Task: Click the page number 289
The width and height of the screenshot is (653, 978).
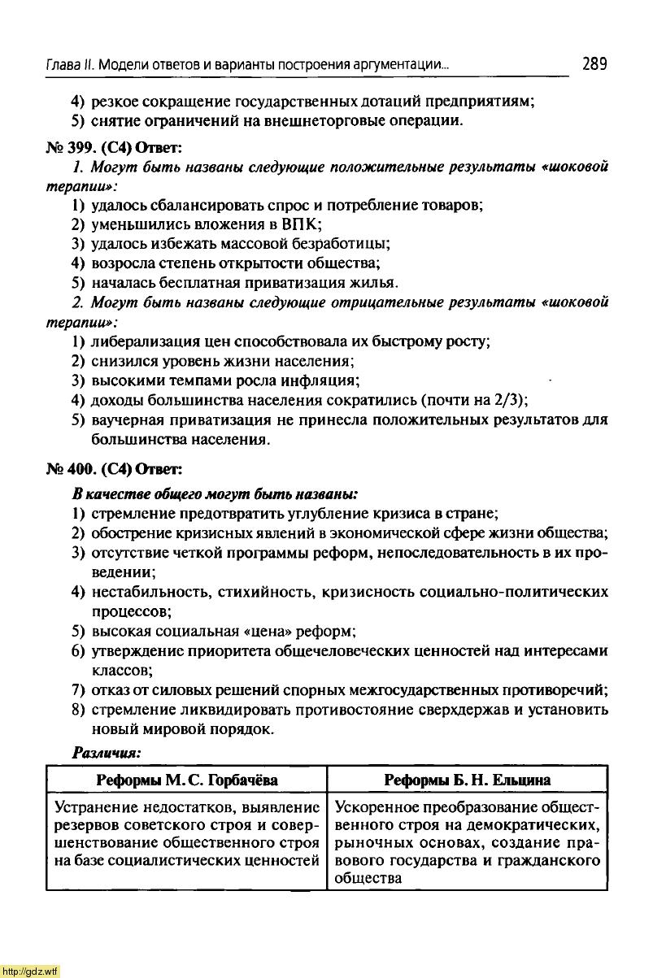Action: point(594,63)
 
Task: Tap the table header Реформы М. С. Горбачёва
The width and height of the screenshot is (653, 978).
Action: point(187,780)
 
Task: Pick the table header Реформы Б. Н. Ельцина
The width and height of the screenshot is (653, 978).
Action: point(467,780)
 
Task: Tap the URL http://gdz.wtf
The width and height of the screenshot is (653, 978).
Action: point(30,971)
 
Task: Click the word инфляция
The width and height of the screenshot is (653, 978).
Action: point(318,380)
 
